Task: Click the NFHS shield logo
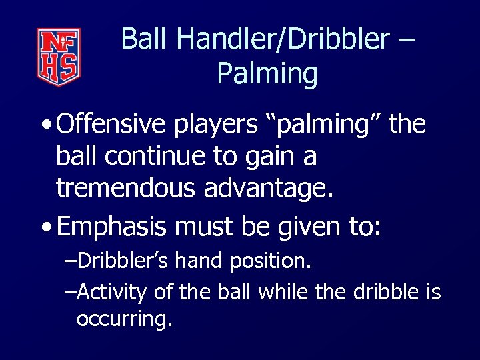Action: pos(59,57)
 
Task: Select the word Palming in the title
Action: pos(267,74)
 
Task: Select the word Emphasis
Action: pos(111,227)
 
